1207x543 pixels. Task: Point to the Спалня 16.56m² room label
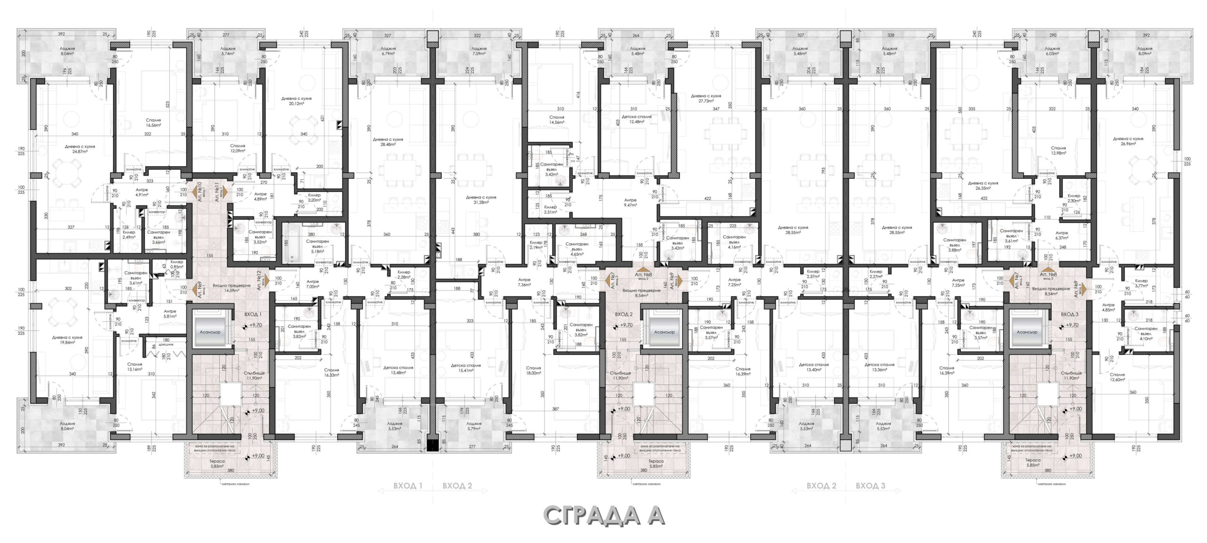153,123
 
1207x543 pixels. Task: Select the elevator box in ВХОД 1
210,332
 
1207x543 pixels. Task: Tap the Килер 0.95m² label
177,264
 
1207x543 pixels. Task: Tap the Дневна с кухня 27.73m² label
705,98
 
